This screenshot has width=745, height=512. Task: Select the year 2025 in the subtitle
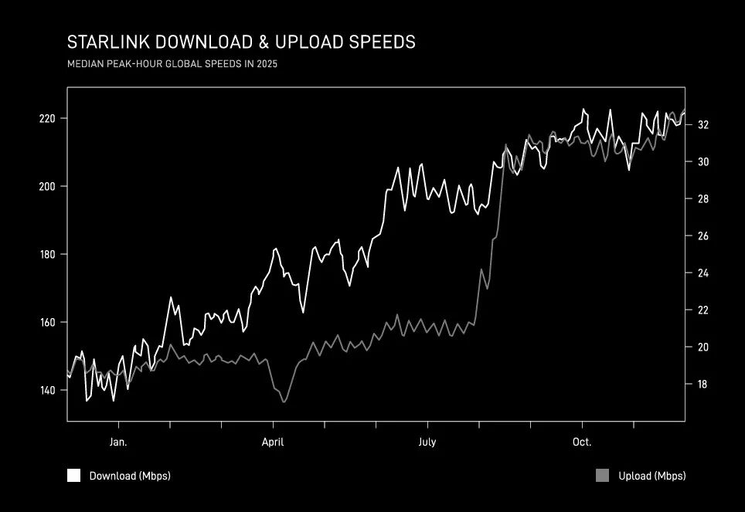tap(266, 64)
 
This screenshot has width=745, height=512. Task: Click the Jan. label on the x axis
tap(118, 442)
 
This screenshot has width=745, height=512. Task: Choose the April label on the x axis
tap(273, 442)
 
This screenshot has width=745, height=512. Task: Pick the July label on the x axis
tap(427, 442)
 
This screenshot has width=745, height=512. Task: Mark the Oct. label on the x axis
tap(582, 442)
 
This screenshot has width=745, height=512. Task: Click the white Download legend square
tap(74, 476)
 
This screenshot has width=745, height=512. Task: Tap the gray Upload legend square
tap(603, 476)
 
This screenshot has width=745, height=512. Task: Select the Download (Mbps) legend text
tap(130, 476)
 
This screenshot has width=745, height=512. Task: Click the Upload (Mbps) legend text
tap(652, 476)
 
